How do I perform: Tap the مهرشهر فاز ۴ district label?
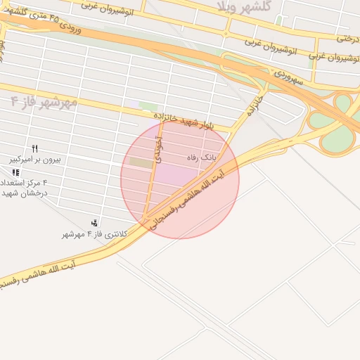click(x=44, y=102)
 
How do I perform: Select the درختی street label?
click(x=348, y=39)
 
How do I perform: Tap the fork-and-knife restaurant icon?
click(x=34, y=148)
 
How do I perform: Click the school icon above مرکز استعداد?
click(x=15, y=172)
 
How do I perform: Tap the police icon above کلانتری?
click(x=94, y=223)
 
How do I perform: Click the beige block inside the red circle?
click(x=141, y=163)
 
